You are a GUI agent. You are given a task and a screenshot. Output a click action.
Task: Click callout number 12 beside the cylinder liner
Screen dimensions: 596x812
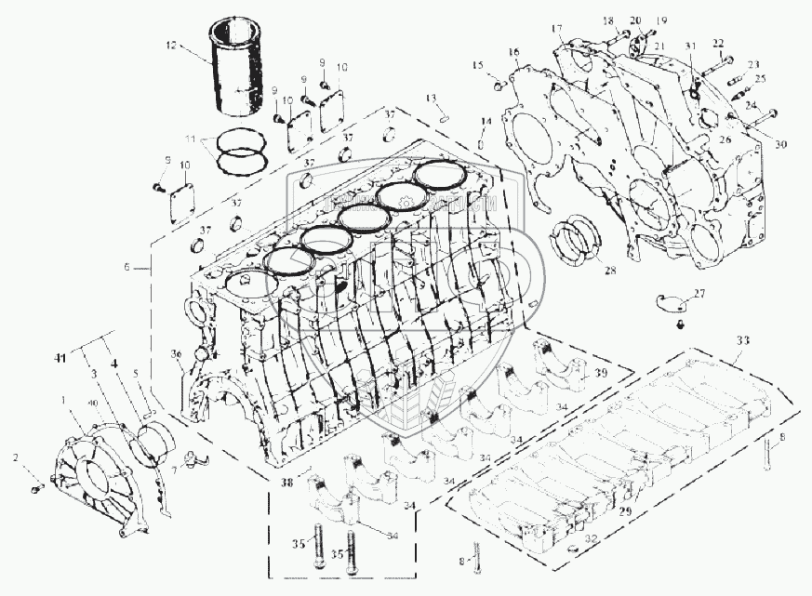170,44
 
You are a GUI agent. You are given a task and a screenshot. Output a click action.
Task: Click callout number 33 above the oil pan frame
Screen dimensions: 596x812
739,339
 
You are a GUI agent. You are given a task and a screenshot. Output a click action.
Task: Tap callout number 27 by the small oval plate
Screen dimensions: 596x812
699,294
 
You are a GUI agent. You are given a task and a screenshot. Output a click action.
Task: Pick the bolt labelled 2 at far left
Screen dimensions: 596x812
36,488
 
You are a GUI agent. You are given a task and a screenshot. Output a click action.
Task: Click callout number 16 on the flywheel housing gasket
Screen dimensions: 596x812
513,51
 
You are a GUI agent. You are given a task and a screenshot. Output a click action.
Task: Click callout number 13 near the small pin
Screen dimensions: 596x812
432,98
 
